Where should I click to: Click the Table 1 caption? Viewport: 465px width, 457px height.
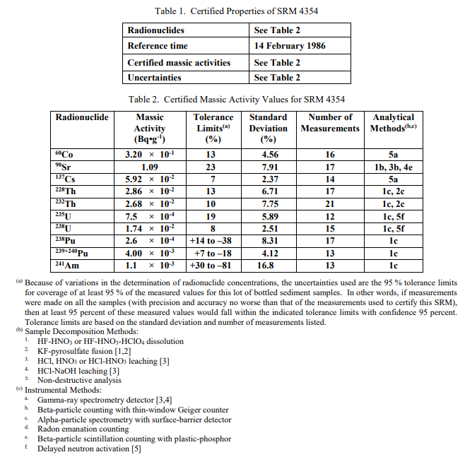point(232,11)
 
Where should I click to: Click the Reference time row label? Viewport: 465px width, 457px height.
point(158,46)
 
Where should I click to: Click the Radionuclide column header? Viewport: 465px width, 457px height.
point(82,117)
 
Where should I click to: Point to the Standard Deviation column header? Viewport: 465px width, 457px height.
point(269,128)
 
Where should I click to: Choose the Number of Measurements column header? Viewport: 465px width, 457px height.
point(330,123)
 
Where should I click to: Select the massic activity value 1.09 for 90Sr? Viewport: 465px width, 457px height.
point(150,167)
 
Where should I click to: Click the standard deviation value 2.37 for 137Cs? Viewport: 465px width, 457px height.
point(269,179)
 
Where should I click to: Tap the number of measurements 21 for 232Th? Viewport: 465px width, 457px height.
point(330,204)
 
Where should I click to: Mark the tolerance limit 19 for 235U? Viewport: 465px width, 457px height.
point(210,217)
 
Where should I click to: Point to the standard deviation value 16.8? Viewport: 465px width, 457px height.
point(269,266)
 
